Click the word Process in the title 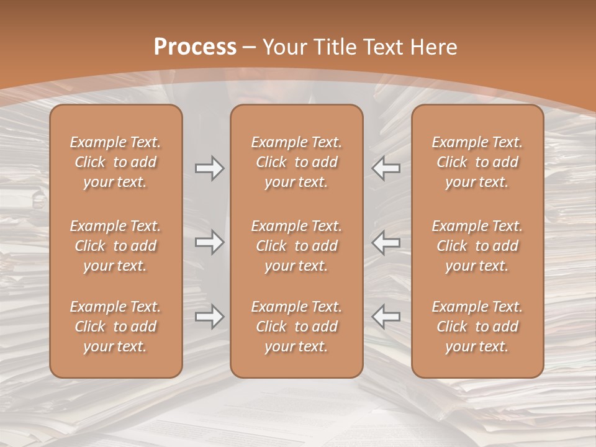tap(195, 47)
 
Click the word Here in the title tap(435, 47)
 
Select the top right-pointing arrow tap(209, 168)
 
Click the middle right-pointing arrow tap(209, 242)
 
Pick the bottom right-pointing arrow tap(209, 317)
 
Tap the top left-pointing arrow tap(386, 168)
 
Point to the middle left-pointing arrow tap(386, 242)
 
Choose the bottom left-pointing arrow tap(386, 317)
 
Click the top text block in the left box tap(115, 162)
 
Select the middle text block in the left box tap(115, 246)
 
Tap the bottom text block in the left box tap(115, 327)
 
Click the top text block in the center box tap(297, 162)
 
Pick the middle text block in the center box tap(297, 246)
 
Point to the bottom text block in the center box tap(297, 327)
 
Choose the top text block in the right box tap(477, 162)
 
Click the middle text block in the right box tap(477, 246)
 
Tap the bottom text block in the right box tap(477, 327)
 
